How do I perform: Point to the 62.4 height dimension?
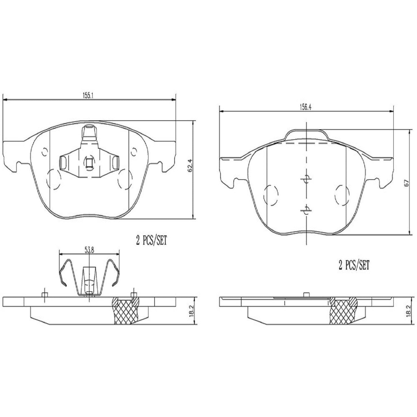pyautogui.click(x=190, y=170)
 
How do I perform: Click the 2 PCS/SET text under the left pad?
pyautogui.click(x=152, y=241)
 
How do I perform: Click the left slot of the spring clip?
pyautogui.click(x=63, y=163)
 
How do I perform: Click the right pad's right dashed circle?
pyautogui.click(x=343, y=195)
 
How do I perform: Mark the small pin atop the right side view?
pyautogui.click(x=306, y=294)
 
